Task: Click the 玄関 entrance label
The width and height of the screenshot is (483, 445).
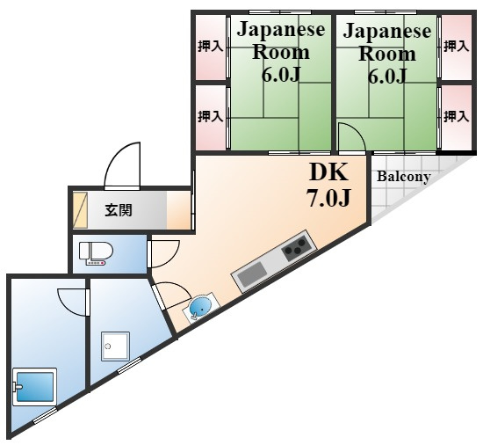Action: [x=119, y=210]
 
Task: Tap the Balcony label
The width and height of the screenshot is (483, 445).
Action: [x=404, y=177]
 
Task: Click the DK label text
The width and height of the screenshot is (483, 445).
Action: [x=328, y=172]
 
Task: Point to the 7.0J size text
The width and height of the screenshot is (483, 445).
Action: [x=328, y=197]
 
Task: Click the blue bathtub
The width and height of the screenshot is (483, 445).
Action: [x=35, y=387]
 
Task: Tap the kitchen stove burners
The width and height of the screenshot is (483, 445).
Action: [x=296, y=246]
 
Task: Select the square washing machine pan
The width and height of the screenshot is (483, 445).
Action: [x=116, y=347]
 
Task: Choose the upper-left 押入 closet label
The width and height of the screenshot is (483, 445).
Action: [x=211, y=47]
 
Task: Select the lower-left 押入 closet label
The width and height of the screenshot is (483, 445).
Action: [x=211, y=117]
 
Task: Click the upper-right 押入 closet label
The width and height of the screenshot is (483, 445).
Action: [x=456, y=47]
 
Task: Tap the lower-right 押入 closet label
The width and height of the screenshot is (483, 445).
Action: [x=456, y=117]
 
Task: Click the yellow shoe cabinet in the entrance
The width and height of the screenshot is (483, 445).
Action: [x=81, y=210]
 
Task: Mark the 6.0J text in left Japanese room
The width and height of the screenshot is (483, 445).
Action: [x=281, y=74]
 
